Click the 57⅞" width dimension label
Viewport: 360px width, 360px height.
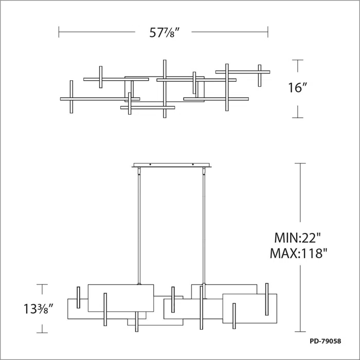pos(163,33)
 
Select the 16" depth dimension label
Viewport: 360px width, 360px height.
pos(297,88)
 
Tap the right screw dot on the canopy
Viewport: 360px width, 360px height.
pos(193,165)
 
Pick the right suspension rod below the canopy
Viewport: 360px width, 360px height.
pos(204,226)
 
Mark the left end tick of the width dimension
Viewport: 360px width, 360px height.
pos(59,33)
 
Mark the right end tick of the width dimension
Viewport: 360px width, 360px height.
pos(268,33)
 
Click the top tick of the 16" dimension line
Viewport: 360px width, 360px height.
pos(297,60)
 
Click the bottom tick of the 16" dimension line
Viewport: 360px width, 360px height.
pos(297,117)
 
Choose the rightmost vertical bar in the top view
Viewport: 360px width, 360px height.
pos(260,76)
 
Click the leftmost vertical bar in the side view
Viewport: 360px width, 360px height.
pos(78,297)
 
